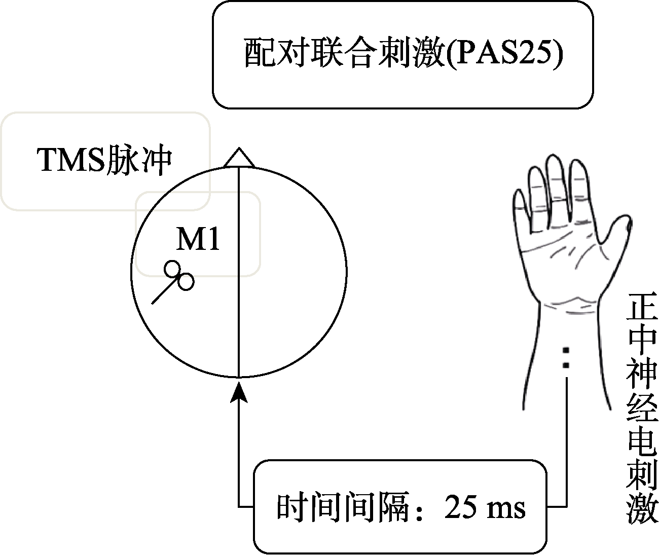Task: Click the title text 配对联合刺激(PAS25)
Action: pyautogui.click(x=404, y=53)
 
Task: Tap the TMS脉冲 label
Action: pyautogui.click(x=104, y=160)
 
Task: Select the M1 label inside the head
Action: pyautogui.click(x=198, y=239)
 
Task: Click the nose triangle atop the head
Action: pyautogui.click(x=239, y=157)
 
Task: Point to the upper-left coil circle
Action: pyautogui.click(x=172, y=269)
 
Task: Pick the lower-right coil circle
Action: pyautogui.click(x=186, y=282)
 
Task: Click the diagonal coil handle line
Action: pyautogui.click(x=165, y=290)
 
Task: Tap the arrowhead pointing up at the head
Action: pyautogui.click(x=239, y=392)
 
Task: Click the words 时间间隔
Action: pyautogui.click(x=343, y=507)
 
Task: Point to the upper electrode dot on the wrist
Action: pyautogui.click(x=566, y=350)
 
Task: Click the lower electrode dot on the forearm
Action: pyautogui.click(x=566, y=365)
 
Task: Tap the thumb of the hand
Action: pyautogui.click(x=615, y=230)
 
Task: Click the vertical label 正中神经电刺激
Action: pyautogui.click(x=642, y=409)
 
